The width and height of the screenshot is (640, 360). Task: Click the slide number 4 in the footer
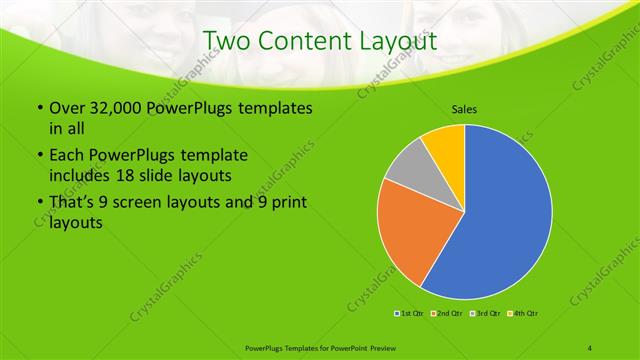click(589, 346)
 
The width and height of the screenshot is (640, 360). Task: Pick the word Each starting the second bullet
click(67, 156)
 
